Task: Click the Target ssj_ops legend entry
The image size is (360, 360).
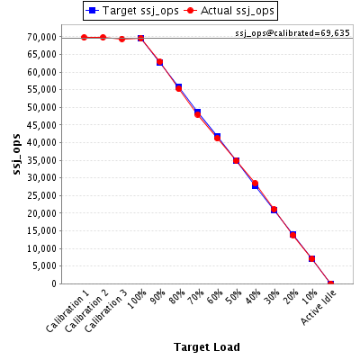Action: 132,11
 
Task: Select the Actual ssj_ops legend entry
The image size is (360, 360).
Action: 229,11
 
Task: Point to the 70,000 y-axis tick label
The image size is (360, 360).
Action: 42,37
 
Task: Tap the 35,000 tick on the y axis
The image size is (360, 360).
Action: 42,160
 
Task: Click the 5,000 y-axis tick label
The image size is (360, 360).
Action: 44,266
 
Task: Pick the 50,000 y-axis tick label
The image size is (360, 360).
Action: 42,107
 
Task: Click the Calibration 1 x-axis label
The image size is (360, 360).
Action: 68,313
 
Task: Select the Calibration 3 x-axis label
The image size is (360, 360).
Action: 106,313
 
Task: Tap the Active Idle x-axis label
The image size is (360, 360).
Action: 319,307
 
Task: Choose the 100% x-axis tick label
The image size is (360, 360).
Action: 138,299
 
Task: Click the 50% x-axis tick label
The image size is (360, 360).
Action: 234,297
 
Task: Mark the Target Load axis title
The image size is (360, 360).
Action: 207,347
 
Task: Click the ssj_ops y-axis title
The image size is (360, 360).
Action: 17,154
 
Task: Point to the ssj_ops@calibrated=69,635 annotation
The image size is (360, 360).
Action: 292,32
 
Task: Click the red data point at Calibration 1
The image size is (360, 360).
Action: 85,38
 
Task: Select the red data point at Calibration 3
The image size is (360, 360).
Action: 121,39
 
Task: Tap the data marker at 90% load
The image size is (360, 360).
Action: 159,62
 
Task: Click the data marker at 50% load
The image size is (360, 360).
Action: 236,161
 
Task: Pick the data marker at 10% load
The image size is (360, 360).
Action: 311,258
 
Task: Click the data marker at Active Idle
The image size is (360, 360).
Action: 330,283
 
